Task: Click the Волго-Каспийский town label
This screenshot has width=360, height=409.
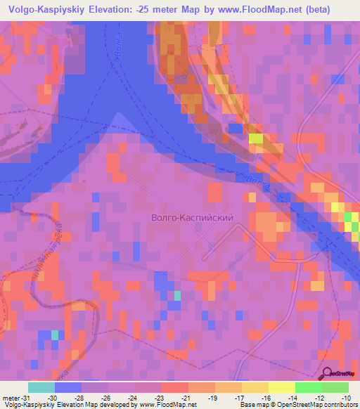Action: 192,218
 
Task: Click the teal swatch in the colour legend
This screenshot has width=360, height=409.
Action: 41,387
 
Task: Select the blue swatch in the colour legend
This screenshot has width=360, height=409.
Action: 68,387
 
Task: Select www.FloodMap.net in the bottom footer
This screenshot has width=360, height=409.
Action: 169,404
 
